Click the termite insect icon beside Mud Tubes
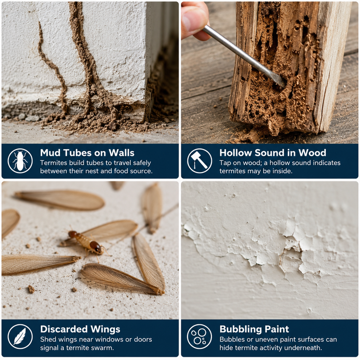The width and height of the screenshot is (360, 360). (20, 161)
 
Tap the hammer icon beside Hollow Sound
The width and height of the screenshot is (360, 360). (199, 161)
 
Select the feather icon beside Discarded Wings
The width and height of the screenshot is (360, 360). (20, 337)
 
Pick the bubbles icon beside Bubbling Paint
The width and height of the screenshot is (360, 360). (199, 337)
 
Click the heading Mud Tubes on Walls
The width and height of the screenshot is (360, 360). (87, 153)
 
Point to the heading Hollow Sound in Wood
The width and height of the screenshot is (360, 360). (273, 153)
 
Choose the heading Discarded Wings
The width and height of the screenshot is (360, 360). (80, 329)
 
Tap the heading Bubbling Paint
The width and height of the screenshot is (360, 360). (254, 329)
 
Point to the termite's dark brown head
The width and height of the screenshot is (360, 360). (95, 246)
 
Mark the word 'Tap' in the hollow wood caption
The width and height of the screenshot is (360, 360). (225, 163)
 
